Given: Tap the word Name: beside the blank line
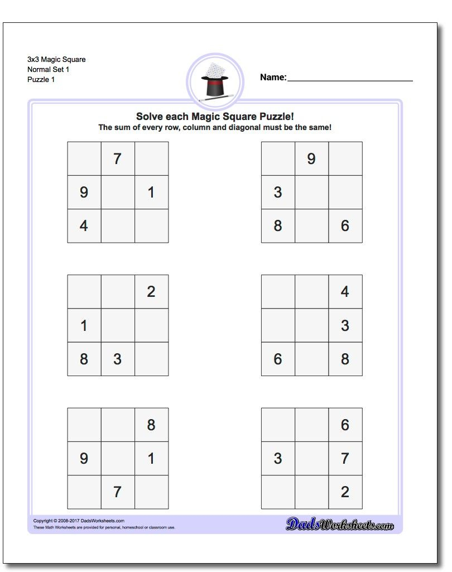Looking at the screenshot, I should [x=273, y=78].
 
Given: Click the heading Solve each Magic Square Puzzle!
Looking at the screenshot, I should [x=215, y=117].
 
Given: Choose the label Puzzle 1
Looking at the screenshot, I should [x=41, y=80].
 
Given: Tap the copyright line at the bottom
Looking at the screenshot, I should [x=79, y=521].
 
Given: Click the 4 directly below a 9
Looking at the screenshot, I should [x=84, y=226].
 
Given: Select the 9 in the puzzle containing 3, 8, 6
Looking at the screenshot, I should [x=311, y=159].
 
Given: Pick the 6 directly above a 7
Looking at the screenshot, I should [x=345, y=425].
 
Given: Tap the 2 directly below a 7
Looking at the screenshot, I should [x=345, y=492].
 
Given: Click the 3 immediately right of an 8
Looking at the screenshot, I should [x=117, y=359].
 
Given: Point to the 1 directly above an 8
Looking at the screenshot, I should [x=84, y=325].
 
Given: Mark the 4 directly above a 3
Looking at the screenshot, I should [x=345, y=292].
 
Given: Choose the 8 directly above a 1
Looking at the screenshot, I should [x=151, y=425].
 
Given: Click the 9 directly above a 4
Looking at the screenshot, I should [x=84, y=193].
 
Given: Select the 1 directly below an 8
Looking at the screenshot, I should [x=151, y=459].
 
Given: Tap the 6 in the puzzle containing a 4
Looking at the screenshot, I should [x=278, y=359].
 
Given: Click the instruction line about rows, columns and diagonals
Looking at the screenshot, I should [x=215, y=128].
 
